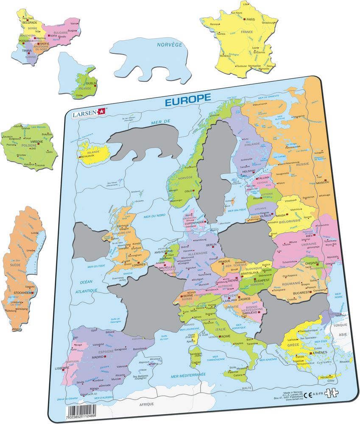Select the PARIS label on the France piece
pos(251,20)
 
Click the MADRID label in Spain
pos(98,357)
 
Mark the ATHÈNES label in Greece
pos(320,353)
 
